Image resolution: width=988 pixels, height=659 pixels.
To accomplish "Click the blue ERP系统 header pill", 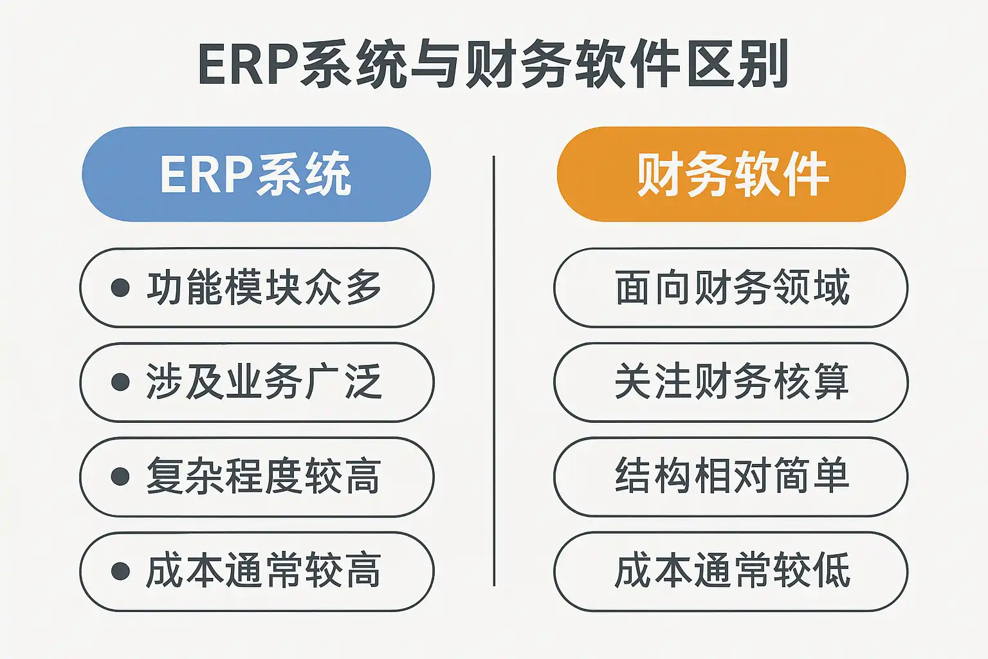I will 256,174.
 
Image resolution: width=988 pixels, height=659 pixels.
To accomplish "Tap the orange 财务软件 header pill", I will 731,174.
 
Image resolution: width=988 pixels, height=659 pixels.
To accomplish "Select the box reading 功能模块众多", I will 257,288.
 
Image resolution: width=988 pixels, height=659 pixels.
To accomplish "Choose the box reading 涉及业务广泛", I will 257,382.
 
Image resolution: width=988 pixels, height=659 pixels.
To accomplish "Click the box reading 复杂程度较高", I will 257,477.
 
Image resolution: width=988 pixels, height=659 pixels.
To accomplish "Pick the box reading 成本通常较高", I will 257,571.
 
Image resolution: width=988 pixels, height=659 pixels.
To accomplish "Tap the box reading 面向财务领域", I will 731,288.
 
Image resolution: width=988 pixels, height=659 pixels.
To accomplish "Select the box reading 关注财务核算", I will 731,382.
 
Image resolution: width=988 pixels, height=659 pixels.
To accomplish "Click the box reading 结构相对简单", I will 731,477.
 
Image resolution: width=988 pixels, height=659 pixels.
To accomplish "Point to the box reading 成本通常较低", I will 731,571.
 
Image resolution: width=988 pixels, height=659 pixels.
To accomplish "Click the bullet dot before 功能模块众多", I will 120,287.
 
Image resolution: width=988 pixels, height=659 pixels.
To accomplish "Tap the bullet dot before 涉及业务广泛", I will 120,382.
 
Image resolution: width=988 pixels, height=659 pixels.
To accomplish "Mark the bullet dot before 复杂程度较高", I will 120,476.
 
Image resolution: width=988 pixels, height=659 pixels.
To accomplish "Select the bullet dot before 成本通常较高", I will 120,571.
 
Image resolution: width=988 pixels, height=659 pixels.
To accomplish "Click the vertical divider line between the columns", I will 494,370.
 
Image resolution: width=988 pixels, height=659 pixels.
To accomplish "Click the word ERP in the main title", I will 248,64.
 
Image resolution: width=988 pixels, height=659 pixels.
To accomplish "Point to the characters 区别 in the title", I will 738,64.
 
